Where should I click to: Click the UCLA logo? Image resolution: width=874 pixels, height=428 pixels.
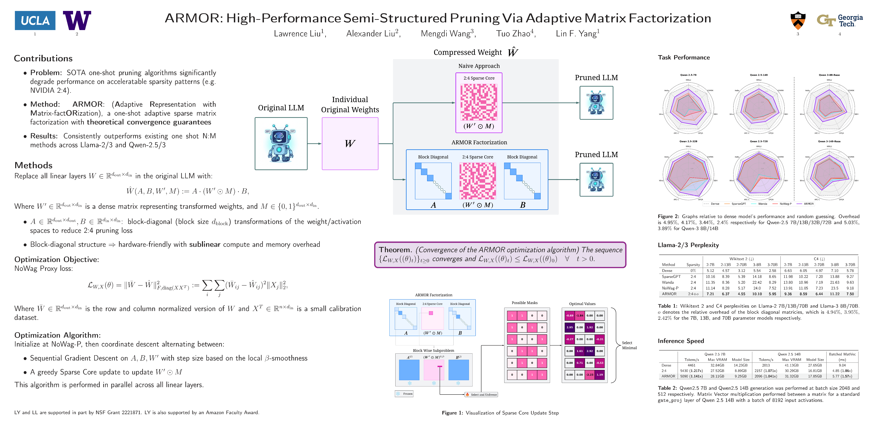[35, 20]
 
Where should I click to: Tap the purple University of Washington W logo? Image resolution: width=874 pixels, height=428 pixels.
[77, 20]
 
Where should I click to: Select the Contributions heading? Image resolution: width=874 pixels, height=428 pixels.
[43, 58]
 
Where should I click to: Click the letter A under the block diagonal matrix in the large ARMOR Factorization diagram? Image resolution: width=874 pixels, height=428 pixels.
[433, 205]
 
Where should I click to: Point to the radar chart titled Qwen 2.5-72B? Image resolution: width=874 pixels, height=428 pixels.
[759, 173]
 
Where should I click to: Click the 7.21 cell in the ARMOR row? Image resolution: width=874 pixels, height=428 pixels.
[710, 294]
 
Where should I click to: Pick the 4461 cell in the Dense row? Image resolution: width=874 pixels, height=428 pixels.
[691, 365]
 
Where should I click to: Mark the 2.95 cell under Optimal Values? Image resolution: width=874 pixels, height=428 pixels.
[570, 327]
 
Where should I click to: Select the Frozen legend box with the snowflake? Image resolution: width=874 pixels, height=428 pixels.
[404, 394]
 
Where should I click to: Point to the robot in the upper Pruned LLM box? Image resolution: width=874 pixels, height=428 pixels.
[596, 103]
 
